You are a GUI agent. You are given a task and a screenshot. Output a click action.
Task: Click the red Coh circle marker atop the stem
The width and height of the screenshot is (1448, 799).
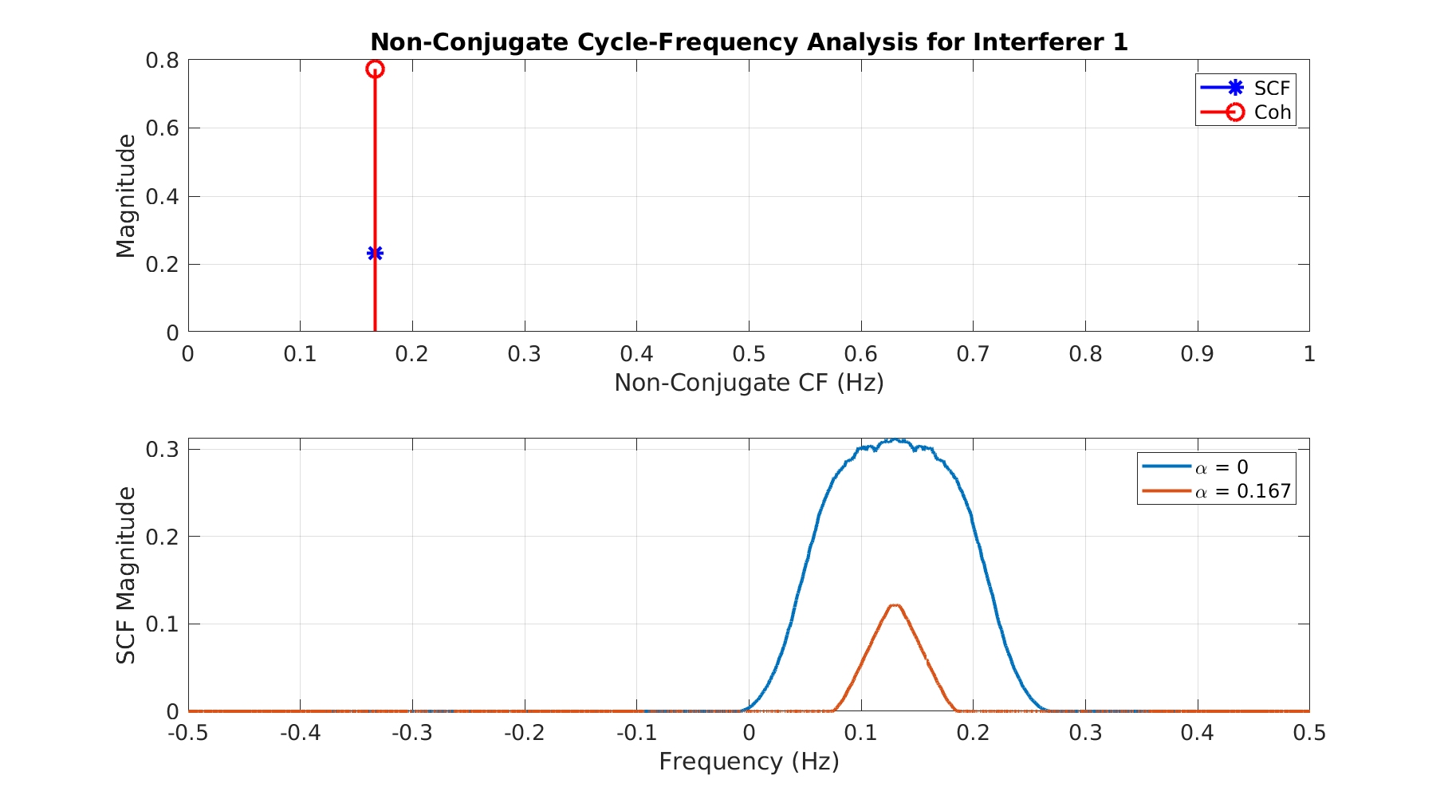[375, 69]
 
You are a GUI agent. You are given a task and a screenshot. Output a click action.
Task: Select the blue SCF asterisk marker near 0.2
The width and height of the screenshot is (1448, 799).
[375, 254]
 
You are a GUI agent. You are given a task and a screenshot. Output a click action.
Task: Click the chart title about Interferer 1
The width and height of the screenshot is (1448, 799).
[749, 41]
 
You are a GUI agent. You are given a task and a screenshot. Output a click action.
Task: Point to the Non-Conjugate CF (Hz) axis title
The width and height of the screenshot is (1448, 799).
[749, 383]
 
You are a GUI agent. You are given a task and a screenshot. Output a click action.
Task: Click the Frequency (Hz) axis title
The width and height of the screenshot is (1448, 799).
[749, 762]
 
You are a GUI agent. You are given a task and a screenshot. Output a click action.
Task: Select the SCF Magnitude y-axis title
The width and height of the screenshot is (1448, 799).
[126, 575]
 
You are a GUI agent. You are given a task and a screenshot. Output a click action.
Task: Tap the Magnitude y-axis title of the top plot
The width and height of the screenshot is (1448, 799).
[126, 196]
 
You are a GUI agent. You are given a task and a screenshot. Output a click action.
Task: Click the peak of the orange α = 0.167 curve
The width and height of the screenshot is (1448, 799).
[895, 605]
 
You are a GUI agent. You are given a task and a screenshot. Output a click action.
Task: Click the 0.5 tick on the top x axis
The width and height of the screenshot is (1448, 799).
[749, 354]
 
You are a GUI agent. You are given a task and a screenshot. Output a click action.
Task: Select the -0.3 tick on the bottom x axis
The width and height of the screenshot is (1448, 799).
[412, 733]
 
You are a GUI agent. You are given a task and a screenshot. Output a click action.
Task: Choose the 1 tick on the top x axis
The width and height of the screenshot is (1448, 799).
[1309, 354]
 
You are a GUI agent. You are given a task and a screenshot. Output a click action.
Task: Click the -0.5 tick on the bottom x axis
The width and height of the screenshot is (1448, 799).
[188, 733]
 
